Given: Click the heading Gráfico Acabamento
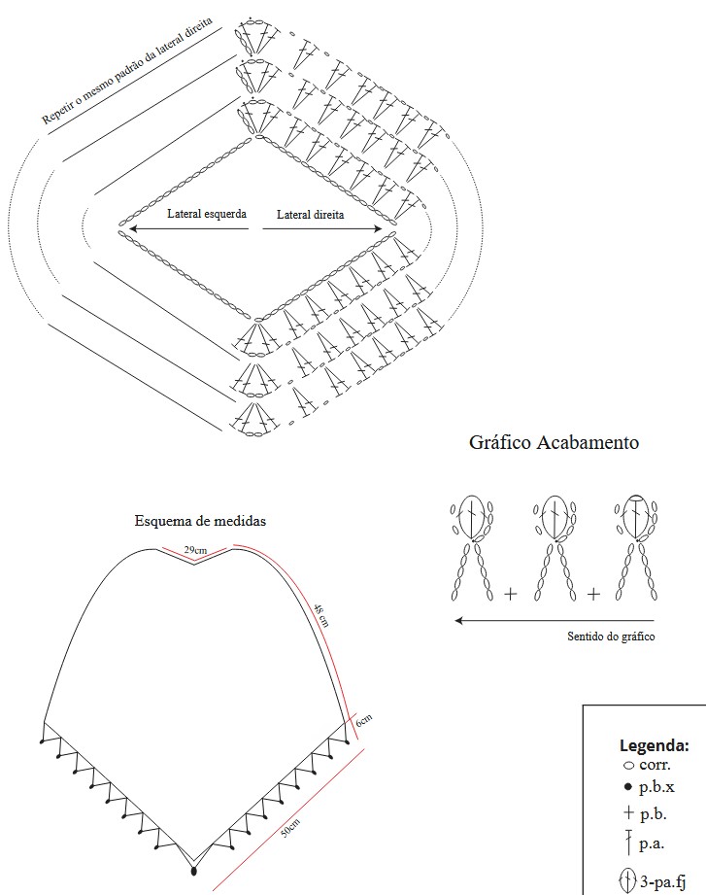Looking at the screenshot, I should (554, 443).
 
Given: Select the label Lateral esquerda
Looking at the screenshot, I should (206, 214).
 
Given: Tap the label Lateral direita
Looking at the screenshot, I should (310, 214).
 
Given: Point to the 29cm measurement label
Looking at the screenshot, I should (194, 551).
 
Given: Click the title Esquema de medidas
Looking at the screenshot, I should (200, 521).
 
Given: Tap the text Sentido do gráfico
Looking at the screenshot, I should (610, 637).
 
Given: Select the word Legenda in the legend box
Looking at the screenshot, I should (655, 746).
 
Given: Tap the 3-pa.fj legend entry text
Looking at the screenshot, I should (664, 881).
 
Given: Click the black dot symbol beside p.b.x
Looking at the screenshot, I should (628, 787).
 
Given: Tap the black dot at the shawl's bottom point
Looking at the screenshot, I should (193, 872).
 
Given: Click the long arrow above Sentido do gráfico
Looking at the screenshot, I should (554, 619).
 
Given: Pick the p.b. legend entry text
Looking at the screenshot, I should (653, 813).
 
